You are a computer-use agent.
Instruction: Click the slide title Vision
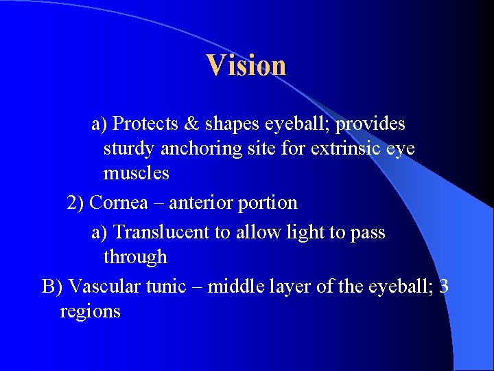tap(246, 65)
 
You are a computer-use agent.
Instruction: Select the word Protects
tap(143, 124)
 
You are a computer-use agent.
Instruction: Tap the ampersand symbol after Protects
tap(190, 124)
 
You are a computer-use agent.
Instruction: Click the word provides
tap(370, 124)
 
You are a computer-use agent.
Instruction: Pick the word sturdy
tap(129, 149)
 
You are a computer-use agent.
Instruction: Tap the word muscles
tap(136, 173)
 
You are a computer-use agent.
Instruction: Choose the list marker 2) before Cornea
tap(75, 203)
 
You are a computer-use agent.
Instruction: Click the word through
tap(135, 258)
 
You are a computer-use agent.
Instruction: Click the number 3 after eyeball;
tap(443, 286)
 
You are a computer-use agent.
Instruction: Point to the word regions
tap(90, 312)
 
